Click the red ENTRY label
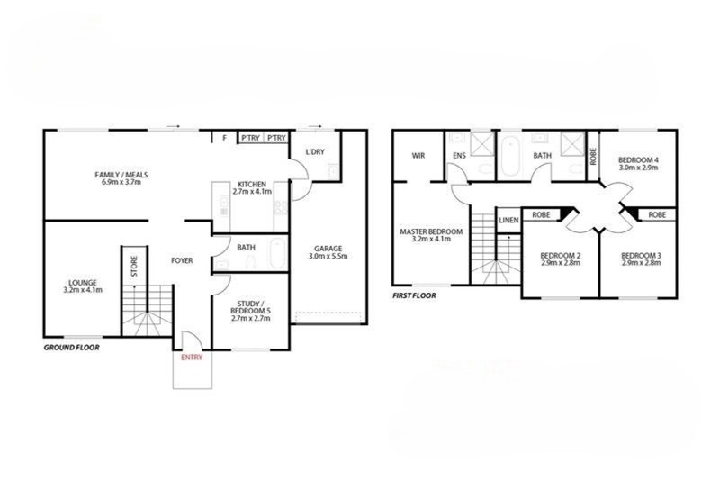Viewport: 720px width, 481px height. click(x=192, y=357)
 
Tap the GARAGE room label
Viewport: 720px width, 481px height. click(x=328, y=249)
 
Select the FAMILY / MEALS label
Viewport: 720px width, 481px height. click(x=121, y=175)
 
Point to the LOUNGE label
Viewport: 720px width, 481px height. click(x=83, y=283)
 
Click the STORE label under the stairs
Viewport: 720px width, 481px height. click(x=134, y=266)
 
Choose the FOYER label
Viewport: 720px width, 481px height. click(x=182, y=260)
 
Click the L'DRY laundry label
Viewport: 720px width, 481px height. click(x=315, y=151)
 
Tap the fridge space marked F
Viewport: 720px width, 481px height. click(x=224, y=137)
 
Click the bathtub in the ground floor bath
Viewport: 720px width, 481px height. click(x=277, y=253)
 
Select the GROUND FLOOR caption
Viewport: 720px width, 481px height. click(x=72, y=348)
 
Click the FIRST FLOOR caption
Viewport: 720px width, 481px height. click(x=414, y=295)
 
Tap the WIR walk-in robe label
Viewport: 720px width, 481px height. click(x=418, y=156)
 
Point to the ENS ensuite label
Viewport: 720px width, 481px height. click(x=459, y=156)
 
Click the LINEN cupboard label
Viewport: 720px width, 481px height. click(x=508, y=220)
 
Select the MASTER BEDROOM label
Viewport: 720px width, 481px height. click(x=431, y=231)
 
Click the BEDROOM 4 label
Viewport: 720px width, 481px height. click(x=638, y=159)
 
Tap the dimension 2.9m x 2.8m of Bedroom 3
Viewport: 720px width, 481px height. click(x=641, y=263)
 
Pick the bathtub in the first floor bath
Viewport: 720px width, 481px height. click(x=509, y=156)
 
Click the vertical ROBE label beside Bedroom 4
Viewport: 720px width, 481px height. click(x=593, y=156)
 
